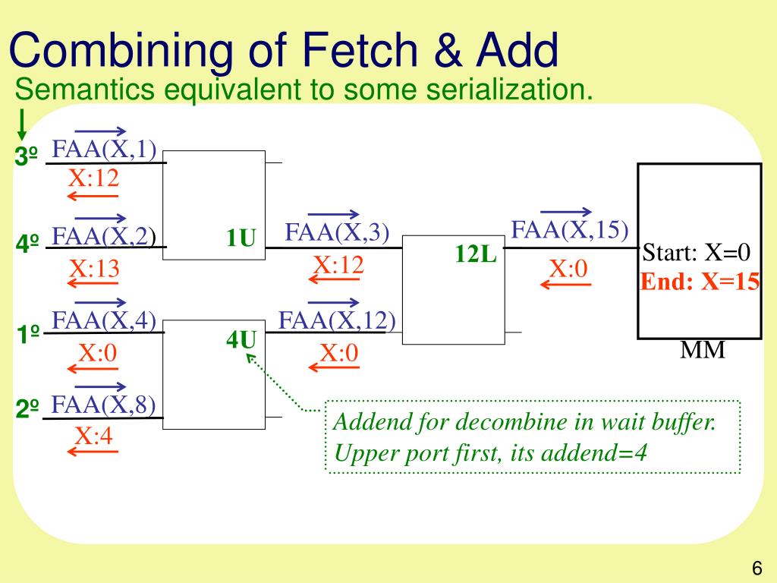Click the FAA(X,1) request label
tap(104, 150)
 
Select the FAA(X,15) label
tap(571, 229)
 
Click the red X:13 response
tap(95, 269)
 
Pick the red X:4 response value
tap(93, 436)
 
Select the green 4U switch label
tap(241, 340)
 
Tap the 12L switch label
tap(476, 254)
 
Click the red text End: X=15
tap(700, 282)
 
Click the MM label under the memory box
tap(702, 351)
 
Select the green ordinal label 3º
tap(27, 157)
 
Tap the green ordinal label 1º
tap(28, 333)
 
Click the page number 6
tap(757, 568)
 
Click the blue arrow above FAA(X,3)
tap(334, 215)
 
